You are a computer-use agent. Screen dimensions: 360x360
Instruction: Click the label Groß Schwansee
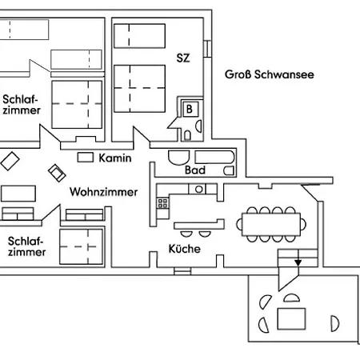pos(268,74)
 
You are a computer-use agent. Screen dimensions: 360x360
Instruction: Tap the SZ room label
pos(182,58)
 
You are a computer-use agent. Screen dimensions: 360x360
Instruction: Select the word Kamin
pos(115,158)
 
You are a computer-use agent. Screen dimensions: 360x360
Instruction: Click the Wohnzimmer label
pos(103,192)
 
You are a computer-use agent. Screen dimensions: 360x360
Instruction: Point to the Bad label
pos(195,170)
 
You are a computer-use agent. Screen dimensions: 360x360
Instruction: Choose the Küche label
pos(184,249)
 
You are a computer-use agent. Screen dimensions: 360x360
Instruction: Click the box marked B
pos(190,108)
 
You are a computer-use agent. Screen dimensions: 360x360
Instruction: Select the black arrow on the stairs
pos(298,262)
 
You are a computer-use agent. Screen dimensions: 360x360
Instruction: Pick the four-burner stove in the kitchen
pos(163,201)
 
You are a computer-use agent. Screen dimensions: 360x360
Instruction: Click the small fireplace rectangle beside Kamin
pos(85,157)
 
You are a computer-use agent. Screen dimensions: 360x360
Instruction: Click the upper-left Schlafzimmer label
pos(22,105)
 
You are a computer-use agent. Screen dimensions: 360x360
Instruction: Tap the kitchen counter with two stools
pos(195,224)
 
